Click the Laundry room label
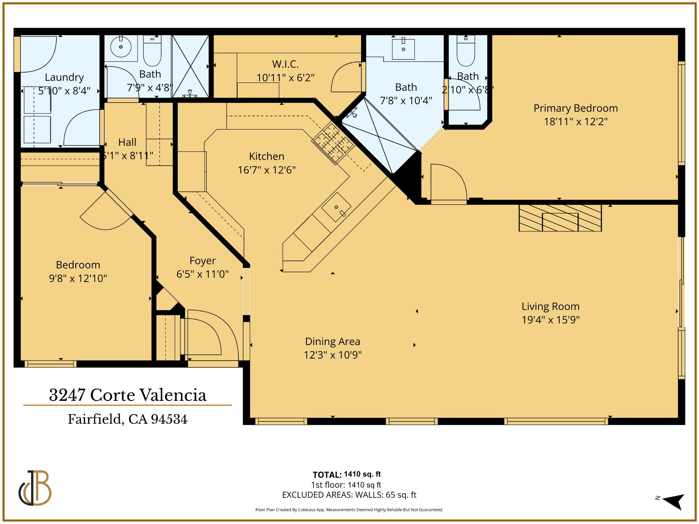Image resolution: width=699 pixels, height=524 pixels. point(64,77)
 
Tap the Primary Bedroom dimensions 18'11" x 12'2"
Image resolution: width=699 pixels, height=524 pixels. point(575,122)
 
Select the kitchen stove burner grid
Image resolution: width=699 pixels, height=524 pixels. point(333,143)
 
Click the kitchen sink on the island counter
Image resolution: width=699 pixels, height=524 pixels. point(336,207)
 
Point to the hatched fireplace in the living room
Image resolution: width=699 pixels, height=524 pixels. point(560,218)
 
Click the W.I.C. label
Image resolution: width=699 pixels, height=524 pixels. point(285,64)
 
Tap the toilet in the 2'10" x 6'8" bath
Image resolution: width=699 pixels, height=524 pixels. point(466,51)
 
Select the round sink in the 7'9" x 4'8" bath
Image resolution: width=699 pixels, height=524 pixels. point(121,47)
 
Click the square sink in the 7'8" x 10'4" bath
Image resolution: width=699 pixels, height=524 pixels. point(403,49)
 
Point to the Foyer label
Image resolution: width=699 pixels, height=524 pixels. point(202,261)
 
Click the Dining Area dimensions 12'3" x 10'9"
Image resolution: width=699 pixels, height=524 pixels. point(332,355)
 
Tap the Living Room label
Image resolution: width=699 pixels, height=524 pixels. point(550,306)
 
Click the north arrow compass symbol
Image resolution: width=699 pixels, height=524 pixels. point(673,501)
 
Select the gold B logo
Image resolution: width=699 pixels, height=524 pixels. point(35,488)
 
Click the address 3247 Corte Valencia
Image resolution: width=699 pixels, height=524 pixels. point(127,395)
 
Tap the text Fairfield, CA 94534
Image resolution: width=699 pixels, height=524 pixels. point(127,419)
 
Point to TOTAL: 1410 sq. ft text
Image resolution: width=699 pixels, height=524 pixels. point(346,475)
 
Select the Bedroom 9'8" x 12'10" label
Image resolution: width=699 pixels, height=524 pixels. point(78,272)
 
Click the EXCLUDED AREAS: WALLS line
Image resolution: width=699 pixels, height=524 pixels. point(349,495)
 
